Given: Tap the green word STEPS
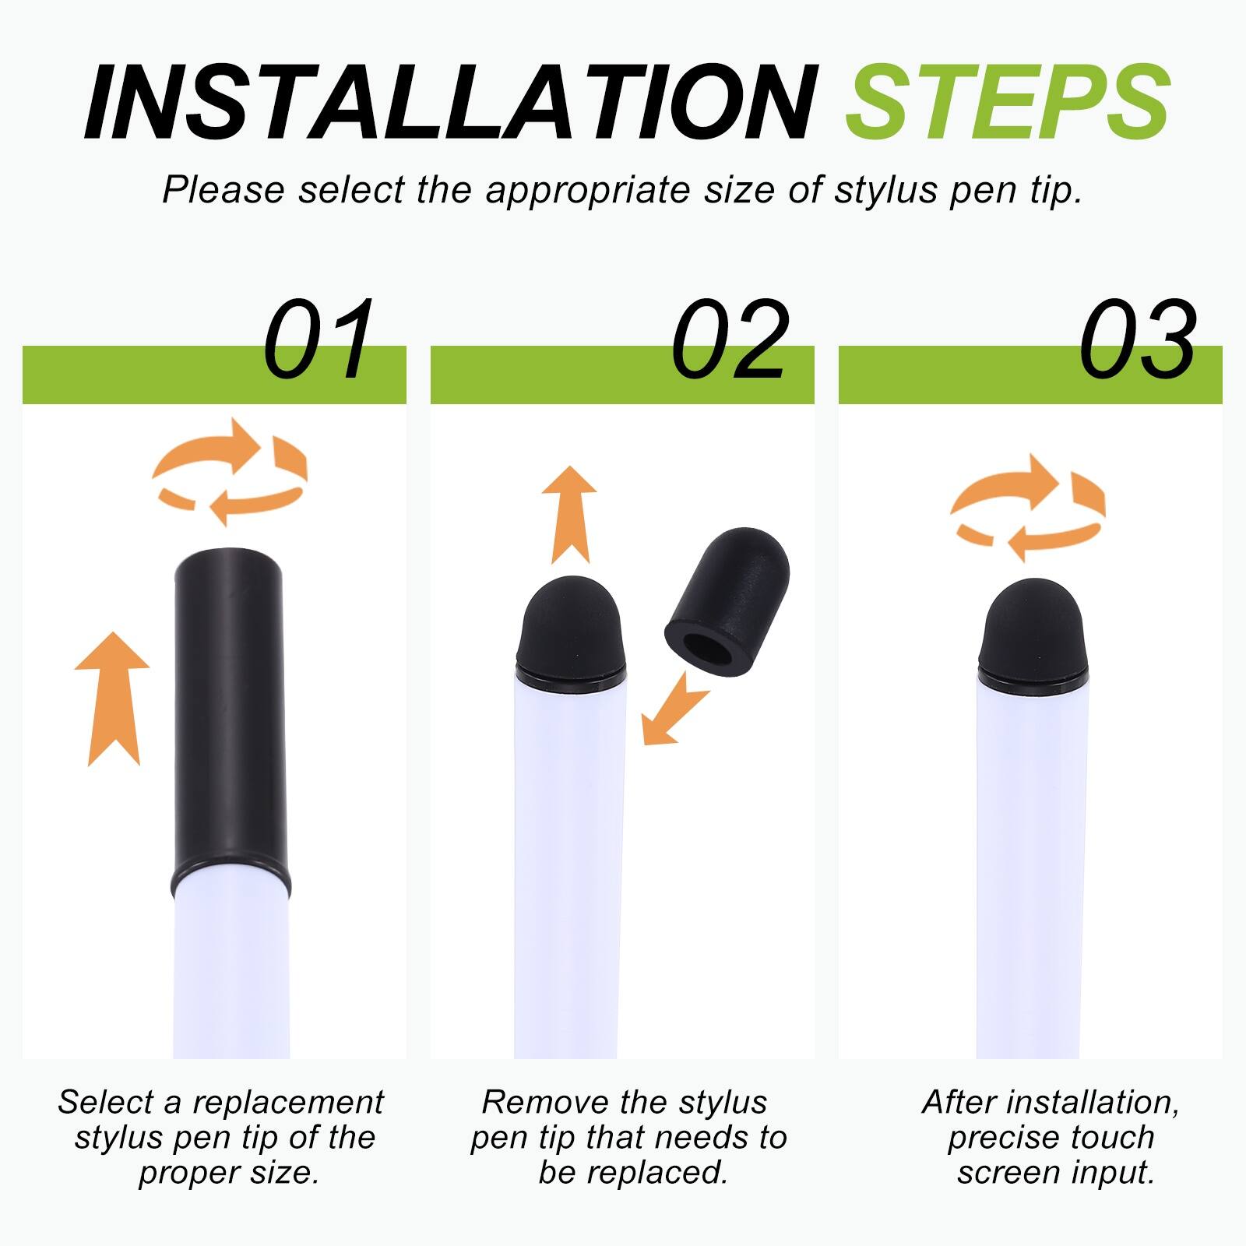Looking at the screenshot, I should (1008, 104).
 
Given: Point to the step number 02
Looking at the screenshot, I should (730, 341).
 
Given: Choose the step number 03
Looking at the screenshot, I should (1138, 341).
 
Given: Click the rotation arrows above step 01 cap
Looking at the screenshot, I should (231, 472).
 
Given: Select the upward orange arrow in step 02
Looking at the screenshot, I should (569, 515).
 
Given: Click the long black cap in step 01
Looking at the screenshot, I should (229, 716).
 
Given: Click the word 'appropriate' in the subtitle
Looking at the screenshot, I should (589, 191).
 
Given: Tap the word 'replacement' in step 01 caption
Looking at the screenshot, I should (288, 1103).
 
